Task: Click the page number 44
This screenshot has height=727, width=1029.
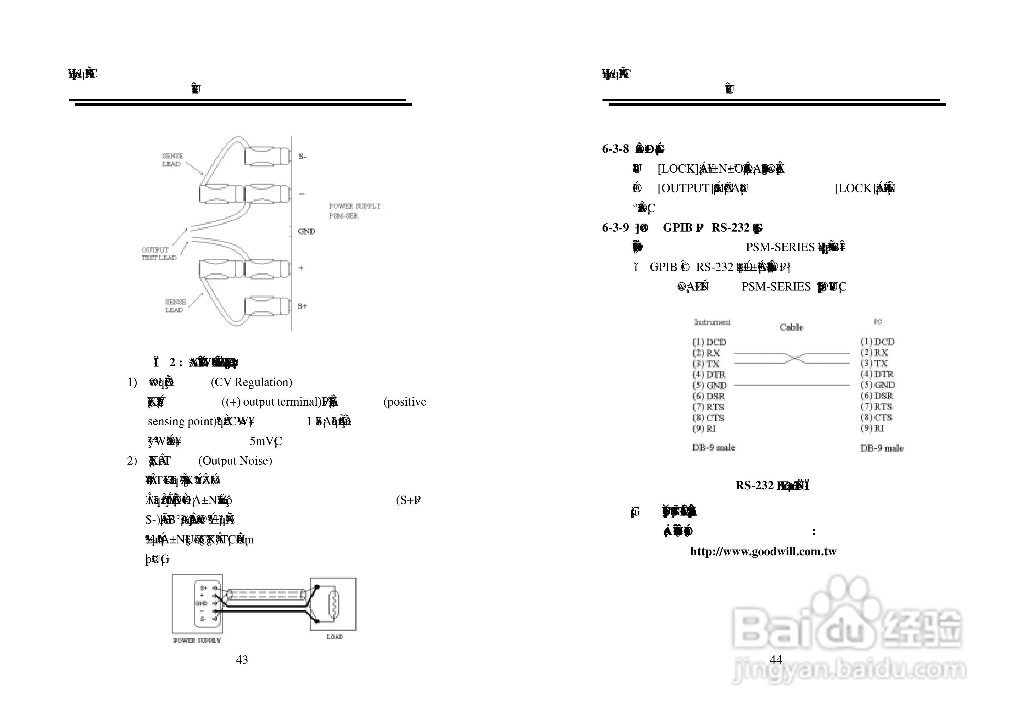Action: (x=776, y=659)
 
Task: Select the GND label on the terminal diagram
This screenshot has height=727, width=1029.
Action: (x=306, y=231)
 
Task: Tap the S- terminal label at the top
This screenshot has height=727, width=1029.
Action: (x=302, y=156)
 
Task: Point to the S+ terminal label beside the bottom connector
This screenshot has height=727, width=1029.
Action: (x=302, y=306)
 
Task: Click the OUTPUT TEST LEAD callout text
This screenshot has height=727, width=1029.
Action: (x=159, y=254)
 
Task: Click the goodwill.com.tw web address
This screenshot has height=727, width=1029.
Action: (x=763, y=551)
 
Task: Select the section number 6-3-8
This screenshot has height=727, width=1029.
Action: (x=615, y=149)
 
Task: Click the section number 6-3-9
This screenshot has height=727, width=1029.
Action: (x=615, y=228)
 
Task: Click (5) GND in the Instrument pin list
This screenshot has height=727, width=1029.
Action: (x=710, y=385)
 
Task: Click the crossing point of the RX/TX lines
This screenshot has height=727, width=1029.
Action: (x=792, y=358)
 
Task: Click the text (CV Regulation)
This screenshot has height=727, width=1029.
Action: (x=251, y=382)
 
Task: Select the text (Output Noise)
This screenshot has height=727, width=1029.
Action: (x=235, y=461)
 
